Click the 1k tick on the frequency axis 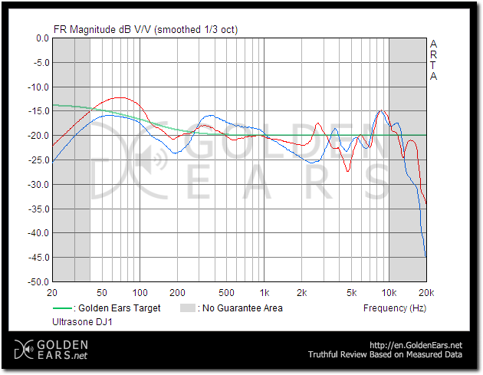point(264,293)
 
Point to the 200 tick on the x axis point(177,293)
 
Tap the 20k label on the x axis point(426,293)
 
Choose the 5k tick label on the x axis point(352,293)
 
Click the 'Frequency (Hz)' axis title point(394,308)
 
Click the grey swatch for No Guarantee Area point(187,308)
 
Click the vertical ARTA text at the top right point(434,60)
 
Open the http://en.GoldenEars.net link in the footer point(416,345)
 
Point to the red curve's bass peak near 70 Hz point(120,97)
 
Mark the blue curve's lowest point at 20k point(426,256)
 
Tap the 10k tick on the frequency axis point(389,293)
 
